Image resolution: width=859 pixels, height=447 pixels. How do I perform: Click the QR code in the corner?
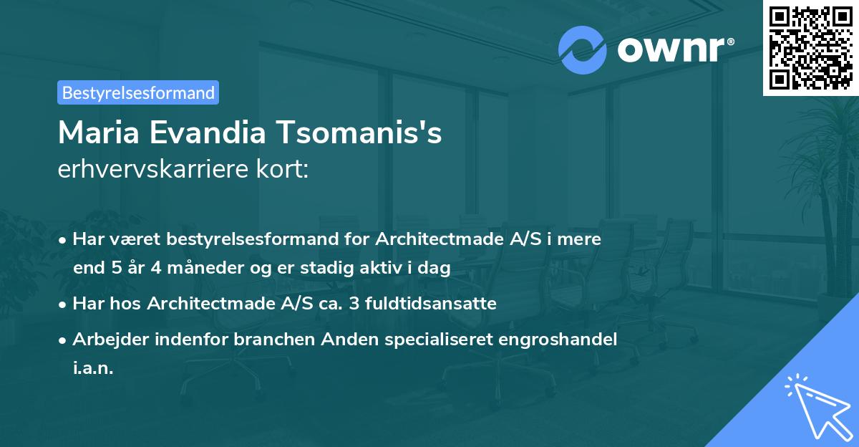810,48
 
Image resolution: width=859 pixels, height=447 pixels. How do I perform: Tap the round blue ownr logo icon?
582,50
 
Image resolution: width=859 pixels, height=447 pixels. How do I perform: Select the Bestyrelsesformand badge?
138,92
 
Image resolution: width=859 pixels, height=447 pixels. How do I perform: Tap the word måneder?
194,268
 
